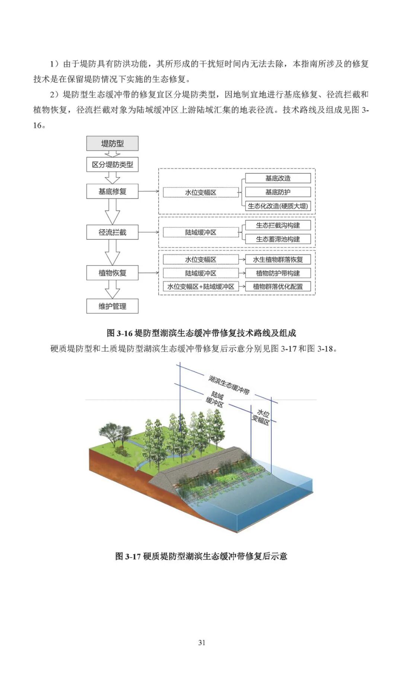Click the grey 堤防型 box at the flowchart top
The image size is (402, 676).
coord(112,143)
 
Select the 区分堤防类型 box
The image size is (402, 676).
coord(112,164)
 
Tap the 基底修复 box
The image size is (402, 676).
coord(112,191)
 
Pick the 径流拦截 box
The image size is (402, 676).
coord(112,232)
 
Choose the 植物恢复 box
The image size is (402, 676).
coord(112,273)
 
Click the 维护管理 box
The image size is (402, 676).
coord(112,306)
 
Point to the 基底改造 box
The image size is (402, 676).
coord(278,178)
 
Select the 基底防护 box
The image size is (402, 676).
coord(278,192)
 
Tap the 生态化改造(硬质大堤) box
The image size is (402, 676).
coord(278,206)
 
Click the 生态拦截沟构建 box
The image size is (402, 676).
coord(278,225)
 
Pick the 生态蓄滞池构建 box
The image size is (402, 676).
coord(278,239)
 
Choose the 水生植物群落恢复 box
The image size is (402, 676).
coord(278,259)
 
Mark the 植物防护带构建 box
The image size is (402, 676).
coord(278,273)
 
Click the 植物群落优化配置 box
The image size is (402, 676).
coord(278,287)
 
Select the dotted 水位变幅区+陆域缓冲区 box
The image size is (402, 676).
coord(201,287)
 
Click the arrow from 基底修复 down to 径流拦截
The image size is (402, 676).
coord(112,211)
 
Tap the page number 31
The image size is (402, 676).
coord(201,642)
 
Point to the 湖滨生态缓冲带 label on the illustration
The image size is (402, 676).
coord(229,385)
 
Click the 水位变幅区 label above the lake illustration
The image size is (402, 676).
coord(261,417)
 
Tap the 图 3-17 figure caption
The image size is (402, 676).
coord(201,556)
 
